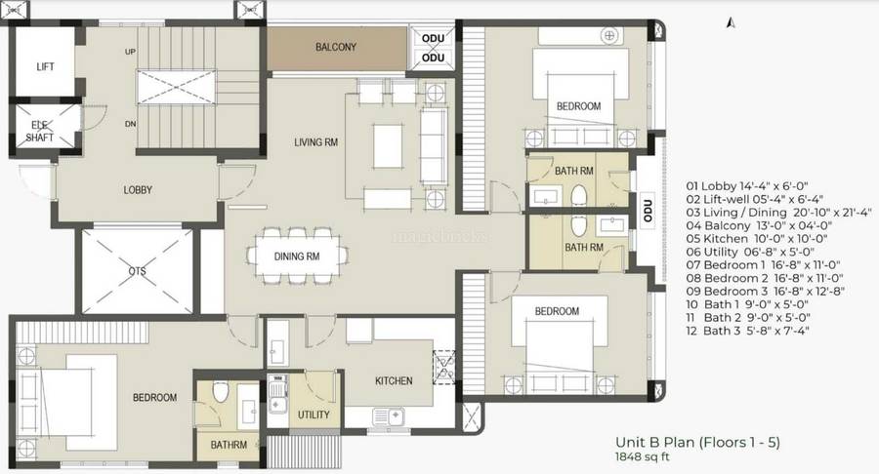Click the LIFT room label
coord(45,66)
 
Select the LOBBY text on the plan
coord(137,190)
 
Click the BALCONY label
coord(335,47)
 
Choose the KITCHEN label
coord(394,380)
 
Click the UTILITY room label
coord(314,415)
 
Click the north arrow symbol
coord(729,19)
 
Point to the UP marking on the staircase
coord(129,52)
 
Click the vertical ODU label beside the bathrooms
coord(647,209)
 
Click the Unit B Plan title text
coord(697,443)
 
